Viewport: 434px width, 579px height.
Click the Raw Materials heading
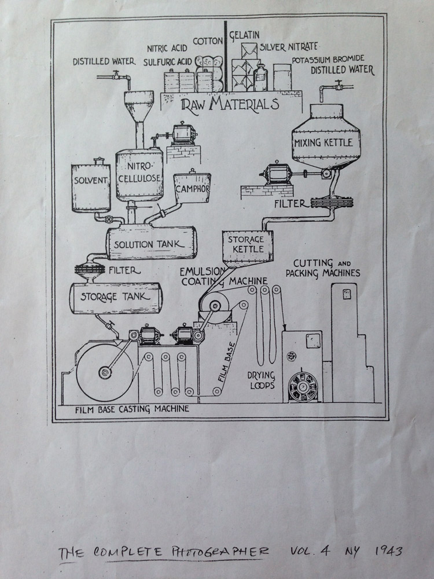coord(230,104)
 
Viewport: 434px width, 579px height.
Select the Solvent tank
coord(91,180)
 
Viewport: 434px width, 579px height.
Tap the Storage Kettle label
coord(245,244)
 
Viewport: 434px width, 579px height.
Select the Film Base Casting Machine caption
coord(132,410)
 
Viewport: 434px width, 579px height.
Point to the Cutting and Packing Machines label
coord(327,267)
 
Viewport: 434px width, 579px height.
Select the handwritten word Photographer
coord(216,551)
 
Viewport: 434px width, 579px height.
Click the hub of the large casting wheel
coord(105,372)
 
